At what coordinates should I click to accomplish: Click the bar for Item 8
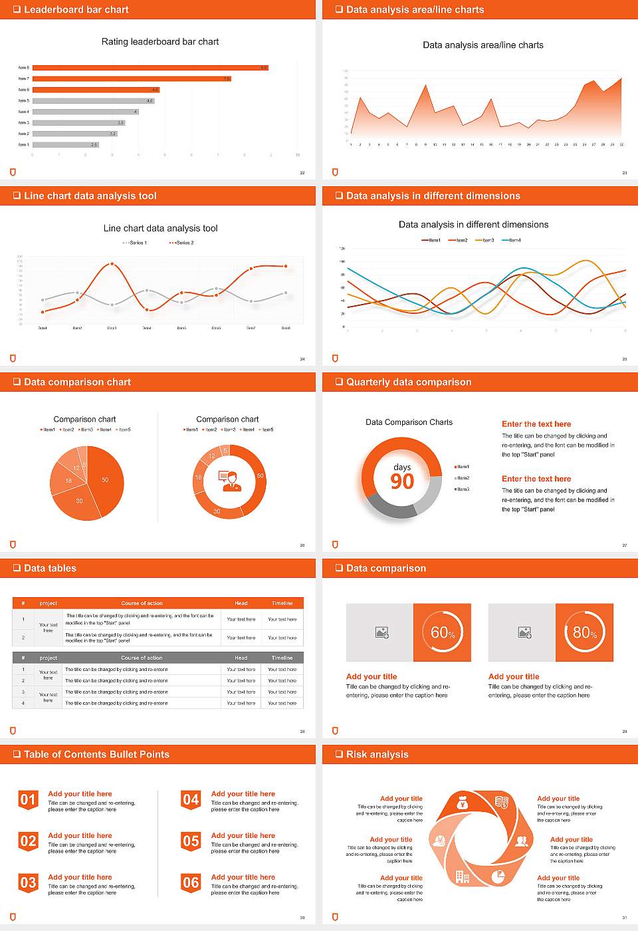click(150, 68)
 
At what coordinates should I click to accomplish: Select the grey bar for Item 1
click(65, 144)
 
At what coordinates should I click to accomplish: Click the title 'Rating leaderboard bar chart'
click(160, 41)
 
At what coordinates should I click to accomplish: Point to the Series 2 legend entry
click(181, 243)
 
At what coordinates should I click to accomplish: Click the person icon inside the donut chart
click(230, 481)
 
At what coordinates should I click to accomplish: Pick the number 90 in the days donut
click(402, 481)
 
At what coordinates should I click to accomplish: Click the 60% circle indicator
click(443, 632)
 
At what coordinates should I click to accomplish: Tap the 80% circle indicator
click(585, 632)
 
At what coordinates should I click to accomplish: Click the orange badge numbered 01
click(28, 800)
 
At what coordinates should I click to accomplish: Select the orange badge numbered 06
click(191, 883)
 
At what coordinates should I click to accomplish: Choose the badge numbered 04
click(191, 800)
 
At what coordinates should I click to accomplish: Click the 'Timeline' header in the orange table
click(282, 603)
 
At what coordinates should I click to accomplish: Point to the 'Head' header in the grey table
click(241, 658)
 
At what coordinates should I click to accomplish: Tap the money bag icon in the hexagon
click(463, 804)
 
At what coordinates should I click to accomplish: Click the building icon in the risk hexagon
click(462, 877)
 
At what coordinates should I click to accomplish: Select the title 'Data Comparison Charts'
click(409, 422)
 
